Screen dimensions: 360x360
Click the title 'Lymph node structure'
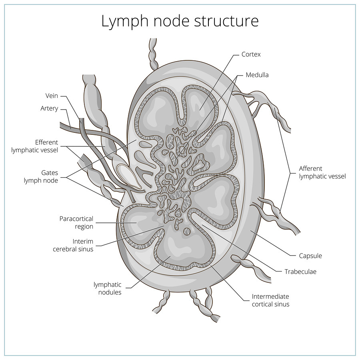(180, 21)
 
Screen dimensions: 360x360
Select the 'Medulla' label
(257, 75)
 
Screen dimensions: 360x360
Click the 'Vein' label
(52, 96)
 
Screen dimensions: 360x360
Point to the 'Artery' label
(49, 108)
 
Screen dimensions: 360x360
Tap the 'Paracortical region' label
(76, 222)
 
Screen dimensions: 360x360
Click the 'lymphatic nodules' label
(107, 288)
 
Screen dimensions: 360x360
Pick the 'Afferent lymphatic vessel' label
(322, 172)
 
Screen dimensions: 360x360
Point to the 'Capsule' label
(310, 256)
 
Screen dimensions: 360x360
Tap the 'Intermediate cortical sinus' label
(270, 300)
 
